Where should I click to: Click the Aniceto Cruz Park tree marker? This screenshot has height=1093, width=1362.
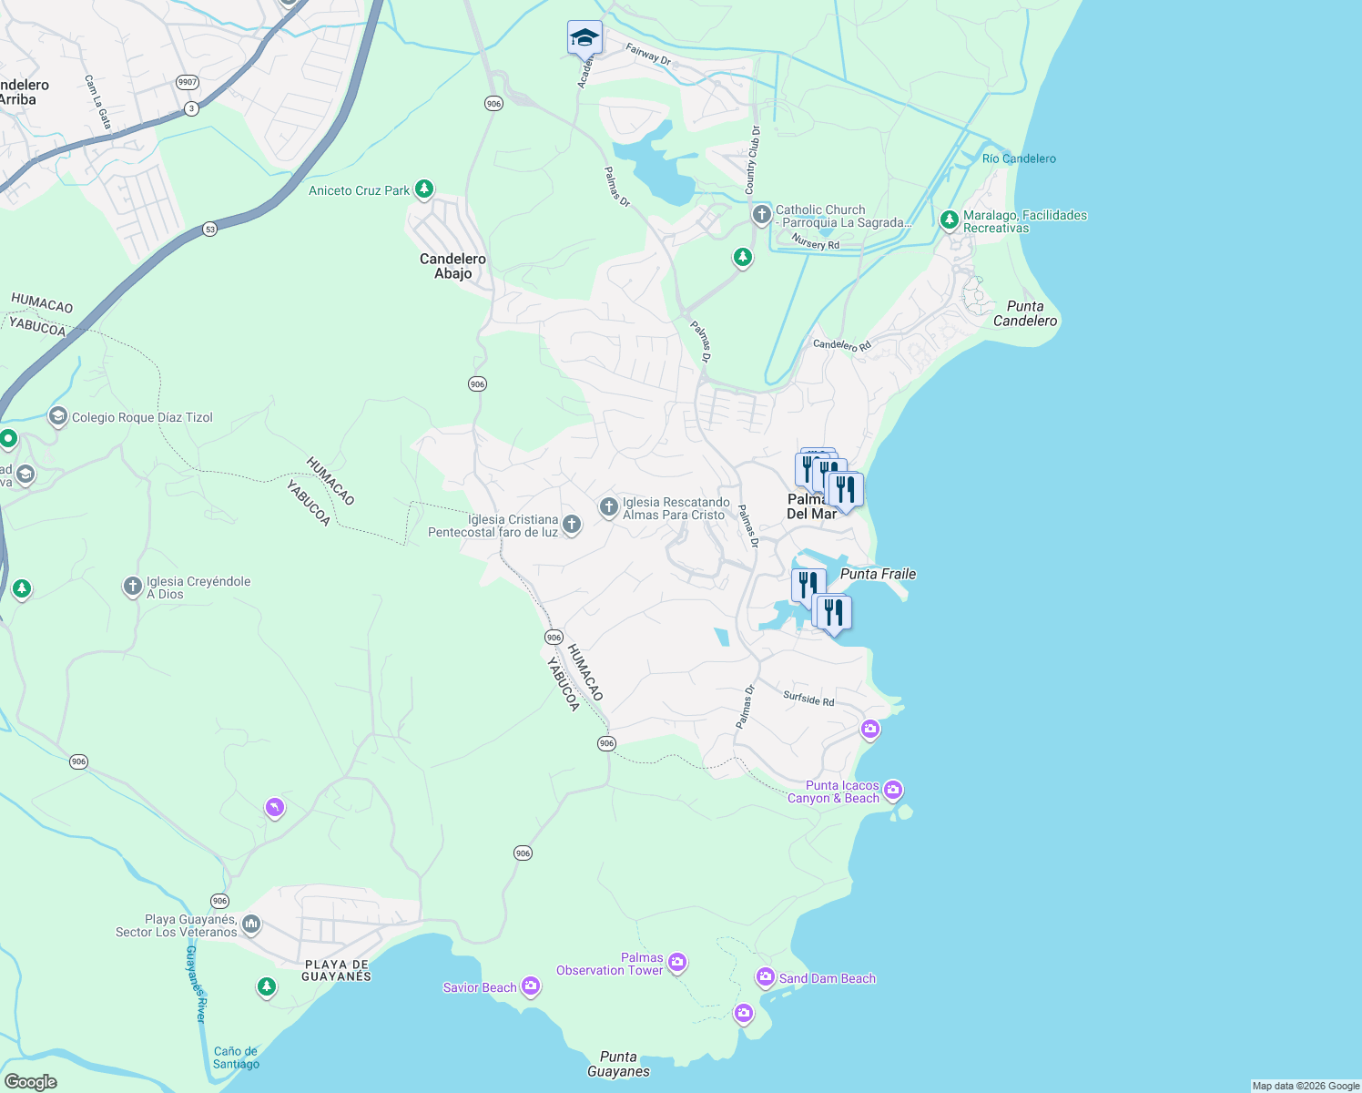pos(423,189)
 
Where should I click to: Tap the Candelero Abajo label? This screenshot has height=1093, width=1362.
pos(452,266)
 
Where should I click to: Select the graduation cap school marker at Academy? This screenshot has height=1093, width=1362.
pos(584,38)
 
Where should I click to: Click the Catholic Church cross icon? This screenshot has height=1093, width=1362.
pos(761,215)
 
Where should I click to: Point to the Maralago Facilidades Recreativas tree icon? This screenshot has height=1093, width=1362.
pos(949,220)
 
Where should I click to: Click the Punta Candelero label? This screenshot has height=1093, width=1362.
pos(1025,313)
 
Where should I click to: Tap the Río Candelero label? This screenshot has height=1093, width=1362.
pos(1019,158)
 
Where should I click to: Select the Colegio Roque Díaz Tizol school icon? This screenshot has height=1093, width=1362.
pos(58,417)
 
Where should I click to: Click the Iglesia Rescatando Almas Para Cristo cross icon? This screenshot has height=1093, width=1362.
pos(608,506)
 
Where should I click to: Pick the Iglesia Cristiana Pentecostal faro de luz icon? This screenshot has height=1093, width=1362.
pos(571,524)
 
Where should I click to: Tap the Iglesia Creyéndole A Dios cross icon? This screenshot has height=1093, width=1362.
pos(132,586)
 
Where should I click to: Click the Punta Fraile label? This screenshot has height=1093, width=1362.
pos(878,574)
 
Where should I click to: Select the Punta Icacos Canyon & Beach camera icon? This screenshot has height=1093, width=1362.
pos(893,790)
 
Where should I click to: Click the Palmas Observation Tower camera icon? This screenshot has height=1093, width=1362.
pos(676,962)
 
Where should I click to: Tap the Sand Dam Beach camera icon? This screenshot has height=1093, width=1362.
pos(766,977)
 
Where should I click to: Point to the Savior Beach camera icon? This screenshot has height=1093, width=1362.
pos(530,986)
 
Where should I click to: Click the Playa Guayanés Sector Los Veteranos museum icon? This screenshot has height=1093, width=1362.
pos(251,924)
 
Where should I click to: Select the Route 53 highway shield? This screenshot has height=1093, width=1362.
pos(210,230)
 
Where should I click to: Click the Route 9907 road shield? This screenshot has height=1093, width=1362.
pos(188,82)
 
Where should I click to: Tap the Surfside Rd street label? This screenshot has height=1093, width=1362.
pos(808,699)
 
